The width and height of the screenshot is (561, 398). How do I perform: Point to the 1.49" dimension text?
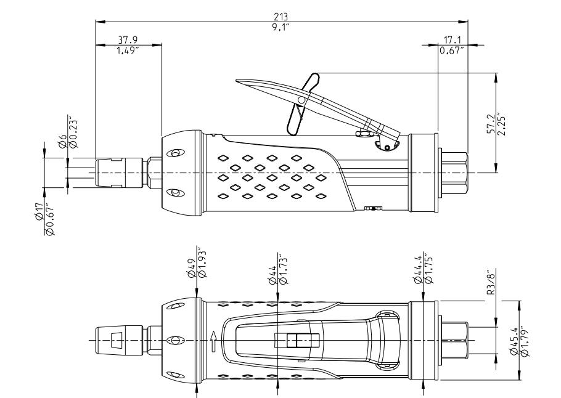click(x=128, y=49)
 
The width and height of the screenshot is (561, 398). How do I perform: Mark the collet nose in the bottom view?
click(x=115, y=339)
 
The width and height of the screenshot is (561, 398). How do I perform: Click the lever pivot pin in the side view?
click(x=301, y=99)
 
